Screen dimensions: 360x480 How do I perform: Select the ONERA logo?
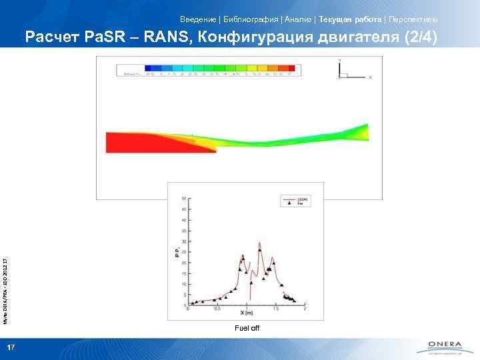[x=440, y=347]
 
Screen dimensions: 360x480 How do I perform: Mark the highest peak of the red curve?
[x=259, y=243]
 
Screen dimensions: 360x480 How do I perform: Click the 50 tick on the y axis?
[x=183, y=198]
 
